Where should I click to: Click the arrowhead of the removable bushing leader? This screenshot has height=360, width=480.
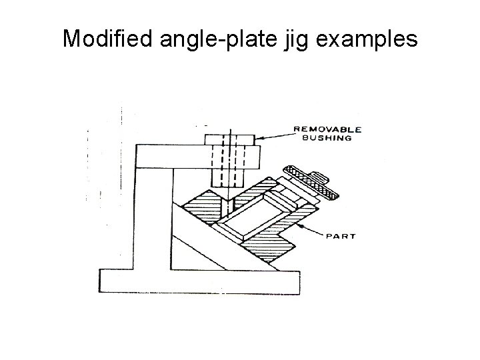click(259, 139)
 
